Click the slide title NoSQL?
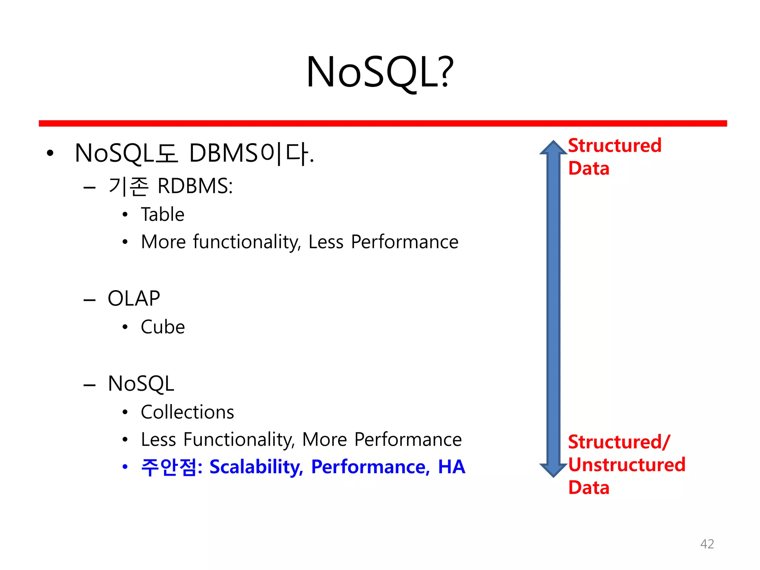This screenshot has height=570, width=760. pos(380,72)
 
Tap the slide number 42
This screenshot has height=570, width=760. pos(707,544)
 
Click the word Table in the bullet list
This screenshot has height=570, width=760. pos(163,214)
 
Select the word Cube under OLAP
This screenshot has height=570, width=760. pos(163,327)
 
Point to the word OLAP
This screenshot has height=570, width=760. pos(134,298)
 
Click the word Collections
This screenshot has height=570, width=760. pos(187,412)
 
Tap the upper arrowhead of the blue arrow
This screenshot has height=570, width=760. pos(553,148)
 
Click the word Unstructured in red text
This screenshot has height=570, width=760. pos(626,465)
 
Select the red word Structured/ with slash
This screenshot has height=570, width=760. pos(619,442)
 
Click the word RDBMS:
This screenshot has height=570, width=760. pos(195,186)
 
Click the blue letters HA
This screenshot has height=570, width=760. pos(451,467)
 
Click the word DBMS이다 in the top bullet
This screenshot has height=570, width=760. pos(251,154)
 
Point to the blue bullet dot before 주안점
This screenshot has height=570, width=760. pos(125,467)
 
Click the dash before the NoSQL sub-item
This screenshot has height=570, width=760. pos(89,385)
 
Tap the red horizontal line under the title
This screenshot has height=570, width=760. pos(382,123)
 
